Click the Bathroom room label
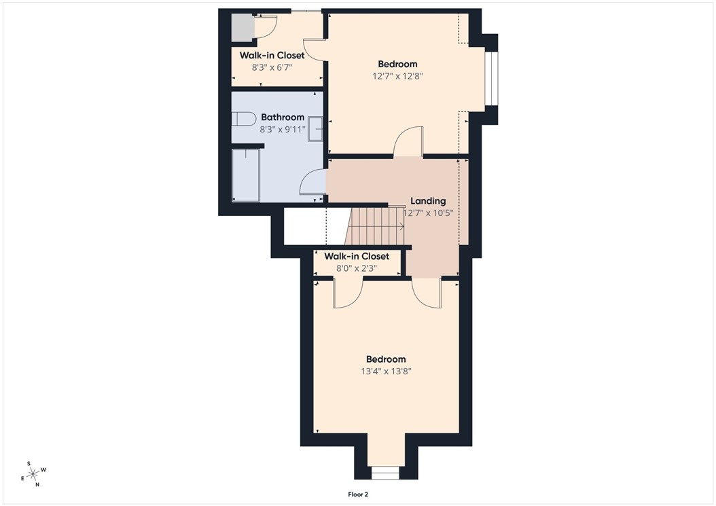(x=283, y=118)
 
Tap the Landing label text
(x=428, y=201)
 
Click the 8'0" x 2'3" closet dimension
(x=357, y=268)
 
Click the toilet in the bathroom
(x=243, y=120)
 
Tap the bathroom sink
(x=316, y=129)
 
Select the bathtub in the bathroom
(x=245, y=175)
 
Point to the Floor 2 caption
(x=357, y=495)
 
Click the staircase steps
(x=374, y=225)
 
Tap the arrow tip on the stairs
(x=404, y=226)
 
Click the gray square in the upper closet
(x=242, y=27)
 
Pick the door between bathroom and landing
(x=315, y=185)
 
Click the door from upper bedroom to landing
(x=408, y=143)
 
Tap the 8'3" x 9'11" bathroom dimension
(x=283, y=129)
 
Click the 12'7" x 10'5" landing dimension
(x=428, y=213)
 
